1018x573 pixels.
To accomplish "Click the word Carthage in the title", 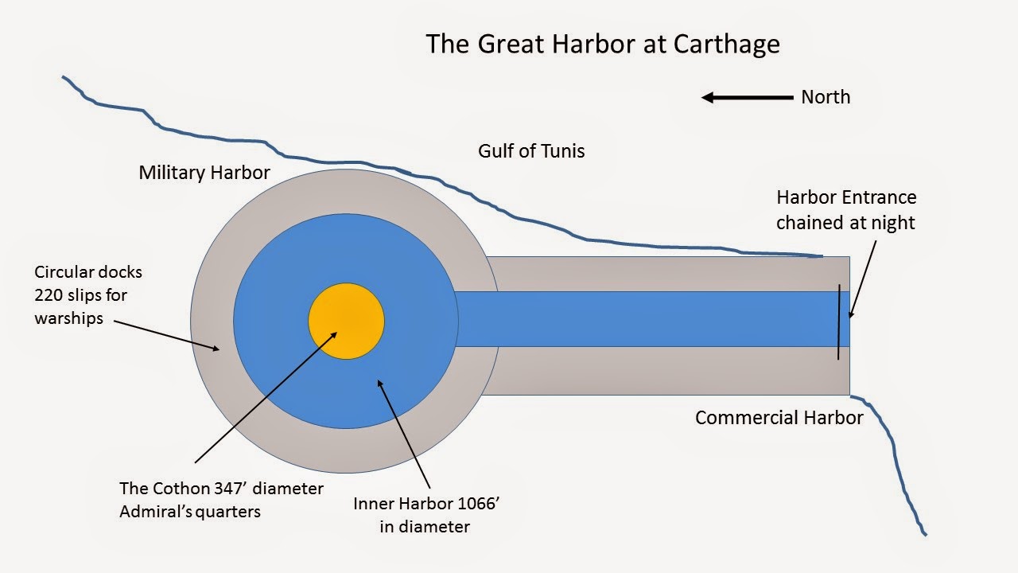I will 726,44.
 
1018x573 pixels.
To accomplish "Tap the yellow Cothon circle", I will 346,322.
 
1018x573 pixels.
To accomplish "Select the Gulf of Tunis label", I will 531,150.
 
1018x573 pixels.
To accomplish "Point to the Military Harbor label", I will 204,173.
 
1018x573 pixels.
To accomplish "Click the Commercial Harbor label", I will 779,418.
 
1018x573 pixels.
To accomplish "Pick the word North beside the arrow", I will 826,97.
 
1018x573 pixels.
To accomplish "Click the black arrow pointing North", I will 747,98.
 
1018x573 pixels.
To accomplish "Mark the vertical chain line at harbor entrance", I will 838,322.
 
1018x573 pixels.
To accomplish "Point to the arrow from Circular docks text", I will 167,334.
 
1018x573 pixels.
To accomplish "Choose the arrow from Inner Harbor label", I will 405,434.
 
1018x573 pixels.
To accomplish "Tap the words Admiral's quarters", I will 190,511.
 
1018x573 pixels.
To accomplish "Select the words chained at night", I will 845,222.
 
